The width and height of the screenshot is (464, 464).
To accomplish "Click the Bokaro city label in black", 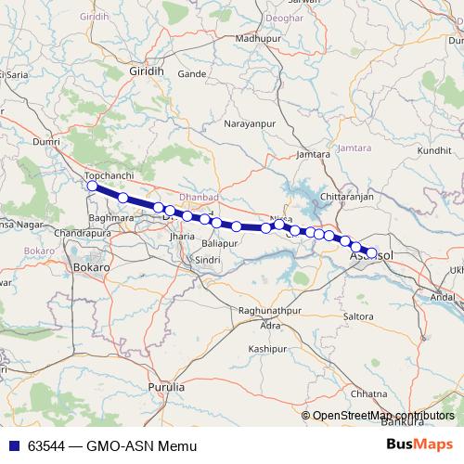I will tap(91, 266).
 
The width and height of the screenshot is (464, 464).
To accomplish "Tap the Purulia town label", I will tap(166, 385).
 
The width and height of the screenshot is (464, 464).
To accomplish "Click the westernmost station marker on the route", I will tap(92, 187).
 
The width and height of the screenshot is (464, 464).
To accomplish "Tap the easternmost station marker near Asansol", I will tap(372, 252).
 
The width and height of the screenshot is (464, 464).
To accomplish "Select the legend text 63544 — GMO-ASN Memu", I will tap(112, 446).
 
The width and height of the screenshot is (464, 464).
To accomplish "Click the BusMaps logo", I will tap(419, 445).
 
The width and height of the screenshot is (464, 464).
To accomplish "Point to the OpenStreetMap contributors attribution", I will tap(382, 416).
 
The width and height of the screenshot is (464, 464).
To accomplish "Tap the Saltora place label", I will tap(358, 316).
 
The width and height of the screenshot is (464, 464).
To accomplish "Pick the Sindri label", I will tap(206, 261).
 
